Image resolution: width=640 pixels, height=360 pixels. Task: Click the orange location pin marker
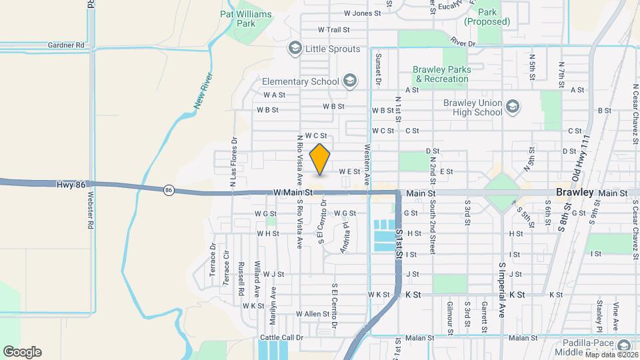click(x=320, y=159)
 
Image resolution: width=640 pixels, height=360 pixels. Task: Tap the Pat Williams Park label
click(x=247, y=18)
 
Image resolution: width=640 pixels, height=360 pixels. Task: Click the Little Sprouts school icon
click(x=295, y=49)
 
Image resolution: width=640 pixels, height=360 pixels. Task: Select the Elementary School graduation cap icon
click(x=349, y=82)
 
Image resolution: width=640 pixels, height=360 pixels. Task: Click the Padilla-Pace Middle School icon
click(x=623, y=345)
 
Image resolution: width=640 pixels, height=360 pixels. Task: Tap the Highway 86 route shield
click(x=168, y=191)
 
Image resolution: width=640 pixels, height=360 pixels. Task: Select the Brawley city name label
click(x=575, y=193)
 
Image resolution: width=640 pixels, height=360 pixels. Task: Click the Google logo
click(x=22, y=352)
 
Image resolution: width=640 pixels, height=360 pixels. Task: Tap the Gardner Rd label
click(x=66, y=45)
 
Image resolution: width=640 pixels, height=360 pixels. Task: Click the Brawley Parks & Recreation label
click(x=441, y=74)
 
